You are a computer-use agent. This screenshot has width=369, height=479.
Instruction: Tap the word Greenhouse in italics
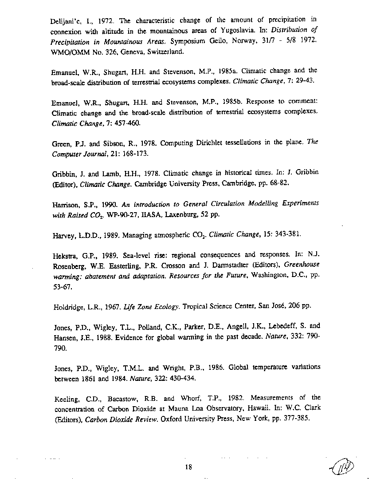coord(302,265)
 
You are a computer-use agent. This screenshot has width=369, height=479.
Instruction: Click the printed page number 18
coord(188,467)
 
